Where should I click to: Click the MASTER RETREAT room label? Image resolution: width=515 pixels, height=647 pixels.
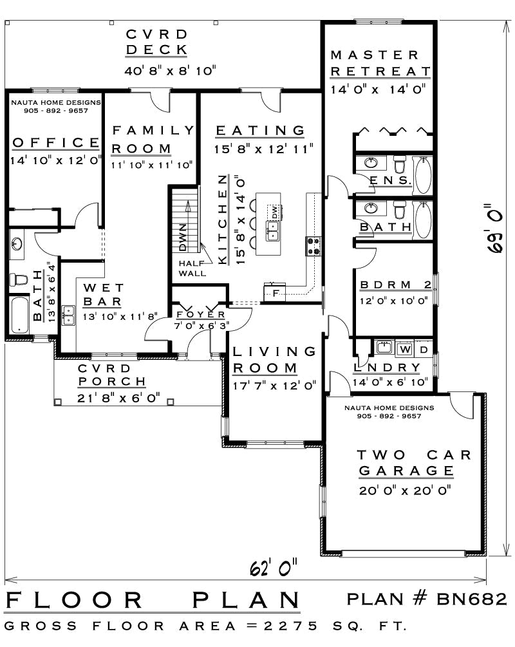(380, 63)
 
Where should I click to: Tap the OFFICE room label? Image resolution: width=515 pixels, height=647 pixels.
(56, 143)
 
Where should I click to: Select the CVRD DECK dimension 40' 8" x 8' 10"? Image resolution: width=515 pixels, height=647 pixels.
(170, 71)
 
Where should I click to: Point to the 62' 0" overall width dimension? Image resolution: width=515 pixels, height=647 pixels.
(274, 568)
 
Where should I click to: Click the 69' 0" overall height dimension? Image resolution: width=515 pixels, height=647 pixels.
(494, 228)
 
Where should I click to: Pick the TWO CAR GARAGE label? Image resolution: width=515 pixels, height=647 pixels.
(406, 463)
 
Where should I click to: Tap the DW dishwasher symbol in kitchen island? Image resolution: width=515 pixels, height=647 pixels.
(274, 212)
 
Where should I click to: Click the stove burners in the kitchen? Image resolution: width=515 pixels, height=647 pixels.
(314, 247)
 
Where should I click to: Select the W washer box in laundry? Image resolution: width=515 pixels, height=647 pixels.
(405, 350)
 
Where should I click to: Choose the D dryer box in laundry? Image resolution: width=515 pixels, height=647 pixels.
(424, 350)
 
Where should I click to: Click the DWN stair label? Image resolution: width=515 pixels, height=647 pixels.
(183, 238)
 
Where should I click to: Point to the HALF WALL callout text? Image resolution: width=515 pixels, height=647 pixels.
(192, 268)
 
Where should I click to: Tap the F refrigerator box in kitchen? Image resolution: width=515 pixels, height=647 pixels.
(276, 293)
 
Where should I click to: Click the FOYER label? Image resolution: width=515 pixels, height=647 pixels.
(201, 314)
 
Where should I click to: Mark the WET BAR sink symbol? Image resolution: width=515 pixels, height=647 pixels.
(68, 315)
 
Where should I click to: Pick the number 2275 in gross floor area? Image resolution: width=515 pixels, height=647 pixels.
(290, 626)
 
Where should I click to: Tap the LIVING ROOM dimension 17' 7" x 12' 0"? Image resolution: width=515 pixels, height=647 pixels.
(274, 386)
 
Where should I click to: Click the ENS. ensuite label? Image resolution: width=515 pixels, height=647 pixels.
(390, 180)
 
